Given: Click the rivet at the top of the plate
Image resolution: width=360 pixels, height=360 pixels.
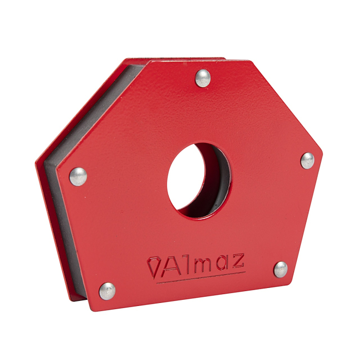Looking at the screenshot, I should [203, 78].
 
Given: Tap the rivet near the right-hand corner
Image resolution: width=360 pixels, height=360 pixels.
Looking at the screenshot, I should [308, 160].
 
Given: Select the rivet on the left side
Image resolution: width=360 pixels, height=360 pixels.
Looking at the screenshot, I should [78, 176].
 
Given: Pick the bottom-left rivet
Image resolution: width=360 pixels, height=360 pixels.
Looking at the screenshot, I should [107, 291].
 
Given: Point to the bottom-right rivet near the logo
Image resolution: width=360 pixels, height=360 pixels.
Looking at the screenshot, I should [280, 269].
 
